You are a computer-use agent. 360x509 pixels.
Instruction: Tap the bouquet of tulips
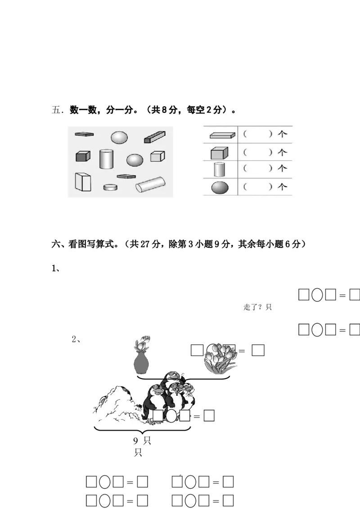(220, 358)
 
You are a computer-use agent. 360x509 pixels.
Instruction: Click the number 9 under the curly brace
(136, 441)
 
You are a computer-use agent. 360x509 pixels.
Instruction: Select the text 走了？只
(257, 307)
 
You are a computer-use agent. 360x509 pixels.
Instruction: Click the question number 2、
(76, 339)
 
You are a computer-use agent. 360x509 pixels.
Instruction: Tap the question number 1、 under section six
(55, 268)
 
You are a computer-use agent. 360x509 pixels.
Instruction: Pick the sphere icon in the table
(220, 188)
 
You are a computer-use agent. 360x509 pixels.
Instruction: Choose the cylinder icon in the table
(219, 169)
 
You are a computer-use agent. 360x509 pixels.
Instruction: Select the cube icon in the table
(219, 153)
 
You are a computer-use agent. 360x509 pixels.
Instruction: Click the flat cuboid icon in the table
(222, 135)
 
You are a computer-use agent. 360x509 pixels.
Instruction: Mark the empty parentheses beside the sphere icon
(258, 187)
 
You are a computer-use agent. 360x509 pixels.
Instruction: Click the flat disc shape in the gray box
(110, 187)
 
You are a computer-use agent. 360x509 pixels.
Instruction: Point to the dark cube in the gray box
(83, 156)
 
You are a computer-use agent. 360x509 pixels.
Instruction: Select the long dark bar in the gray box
(155, 137)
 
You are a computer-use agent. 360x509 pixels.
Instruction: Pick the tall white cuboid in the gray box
(83, 182)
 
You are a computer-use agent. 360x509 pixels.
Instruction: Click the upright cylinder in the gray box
(106, 159)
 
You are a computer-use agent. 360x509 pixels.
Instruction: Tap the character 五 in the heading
(56, 110)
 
